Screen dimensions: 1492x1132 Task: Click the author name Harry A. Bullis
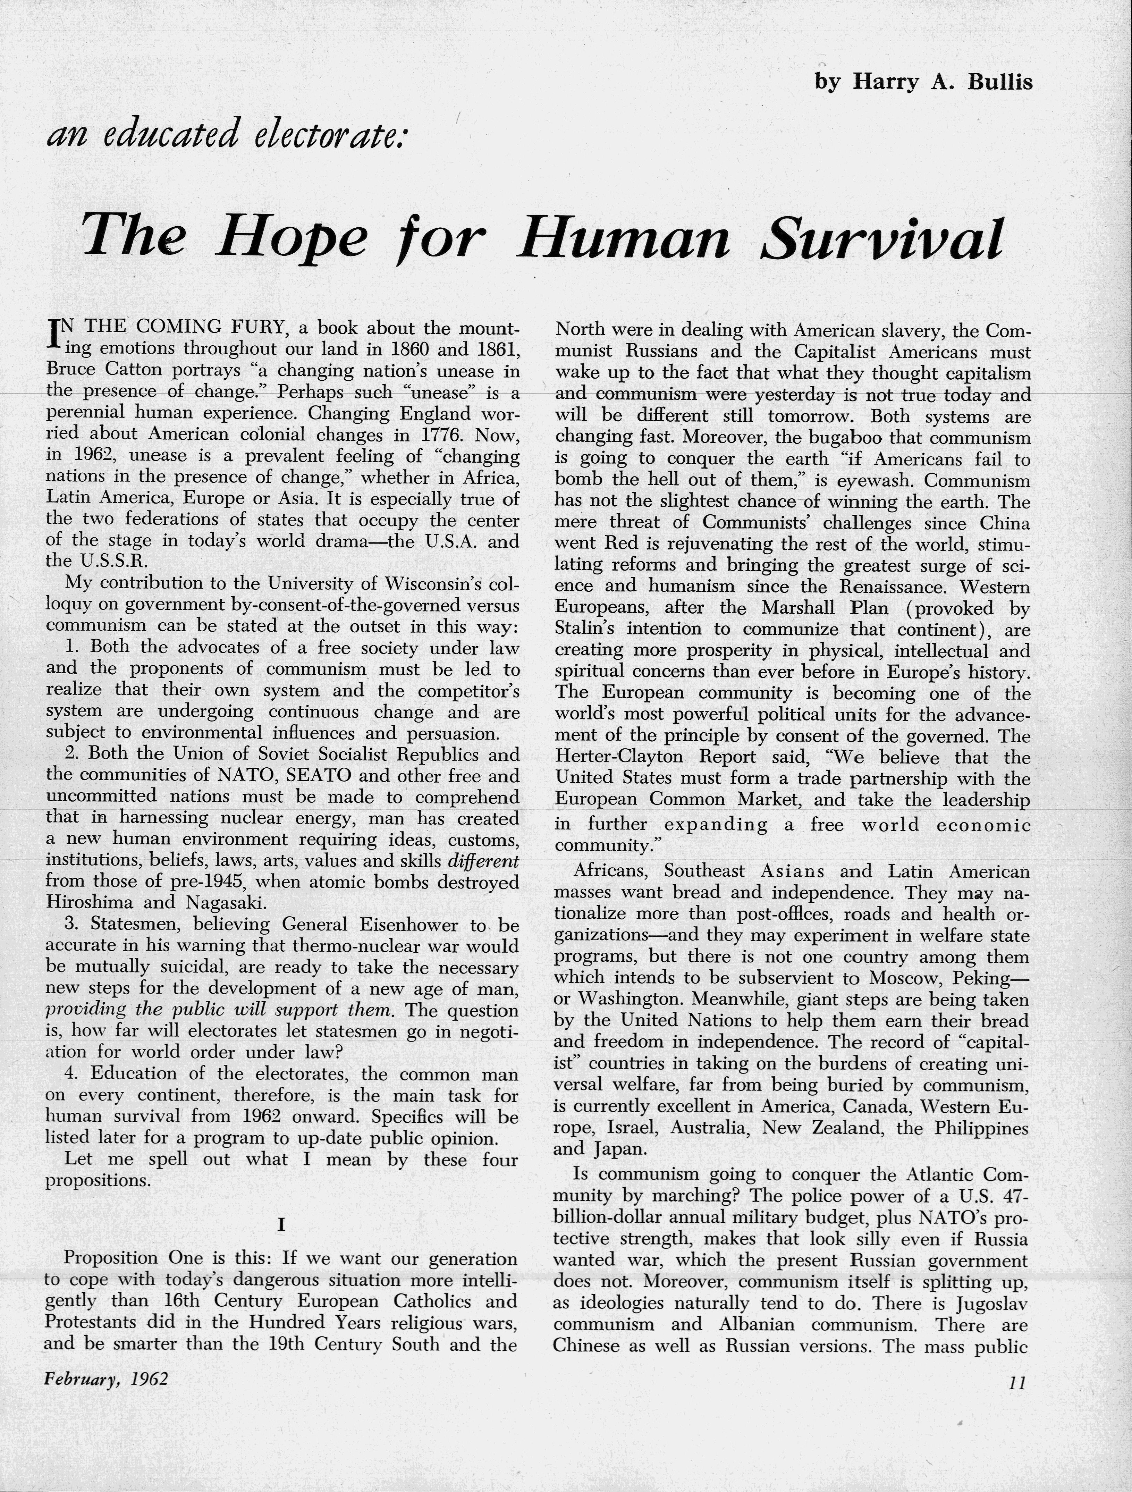[x=943, y=82]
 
